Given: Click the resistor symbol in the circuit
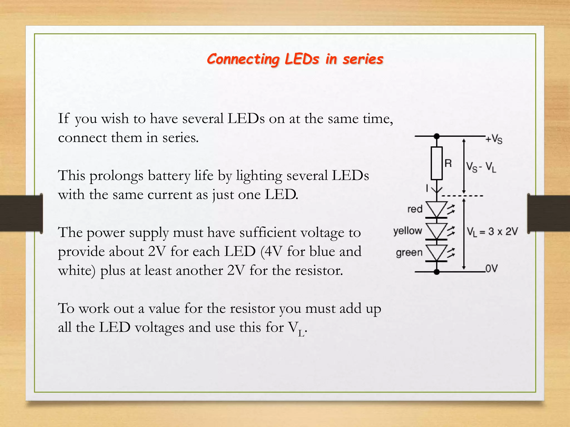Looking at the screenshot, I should pyautogui.click(x=437, y=163).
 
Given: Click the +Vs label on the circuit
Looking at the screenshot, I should pyautogui.click(x=494, y=139).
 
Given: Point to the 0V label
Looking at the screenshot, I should pyautogui.click(x=492, y=269).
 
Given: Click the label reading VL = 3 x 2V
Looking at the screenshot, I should pyautogui.click(x=492, y=232).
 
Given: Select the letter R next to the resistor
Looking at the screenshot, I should pyautogui.click(x=448, y=163).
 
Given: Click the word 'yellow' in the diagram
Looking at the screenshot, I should pyautogui.click(x=408, y=231).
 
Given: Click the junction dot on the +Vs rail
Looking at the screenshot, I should pyautogui.click(x=437, y=136).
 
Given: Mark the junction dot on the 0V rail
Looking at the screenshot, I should pyautogui.click(x=437, y=272).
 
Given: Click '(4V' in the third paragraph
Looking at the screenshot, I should pyautogui.click(x=272, y=252).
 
